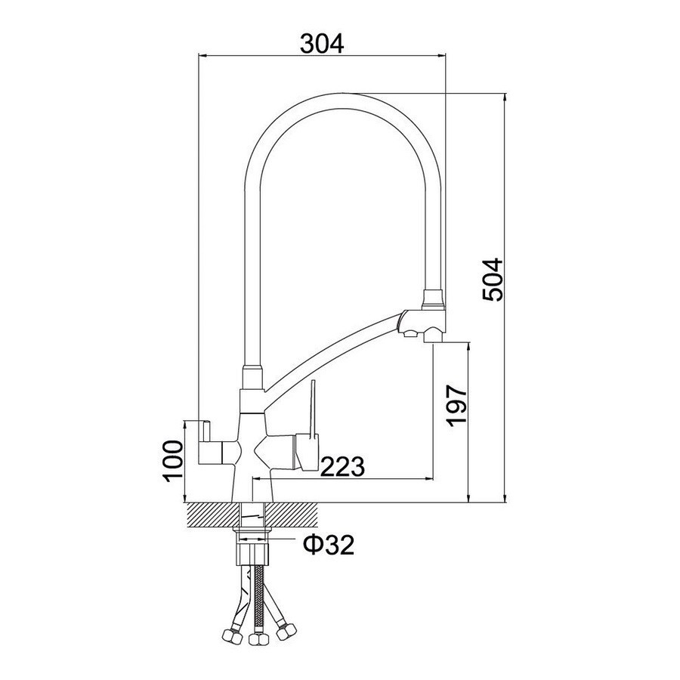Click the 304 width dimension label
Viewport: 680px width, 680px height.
tap(322, 43)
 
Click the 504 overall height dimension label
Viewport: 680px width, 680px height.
tap(493, 280)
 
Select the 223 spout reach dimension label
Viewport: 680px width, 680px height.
tap(342, 467)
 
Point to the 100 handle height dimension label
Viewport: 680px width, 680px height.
tap(172, 462)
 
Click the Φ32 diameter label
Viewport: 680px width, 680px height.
tap(329, 545)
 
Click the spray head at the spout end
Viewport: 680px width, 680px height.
tap(422, 324)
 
